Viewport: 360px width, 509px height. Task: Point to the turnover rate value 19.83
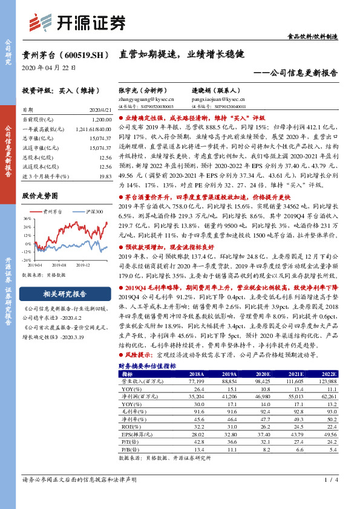tap(106, 175)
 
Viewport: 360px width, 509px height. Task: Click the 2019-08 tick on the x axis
tap(60, 265)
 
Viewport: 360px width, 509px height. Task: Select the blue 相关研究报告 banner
tap(65, 294)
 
